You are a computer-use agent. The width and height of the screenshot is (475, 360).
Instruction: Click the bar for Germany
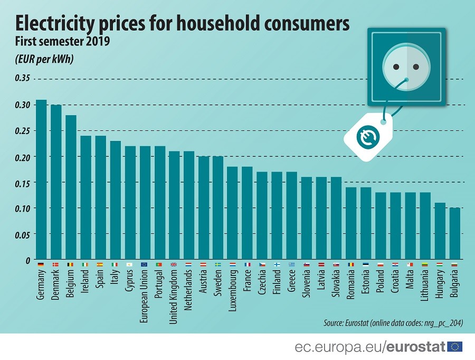click(41, 179)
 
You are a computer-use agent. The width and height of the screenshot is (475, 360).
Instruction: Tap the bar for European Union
click(145, 203)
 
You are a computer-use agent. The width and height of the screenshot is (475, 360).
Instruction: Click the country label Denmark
click(56, 286)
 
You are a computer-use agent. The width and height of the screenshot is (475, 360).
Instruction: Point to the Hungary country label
click(440, 285)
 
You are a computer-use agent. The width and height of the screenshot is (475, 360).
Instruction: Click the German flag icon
click(41, 264)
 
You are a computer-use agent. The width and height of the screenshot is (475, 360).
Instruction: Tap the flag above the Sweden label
click(218, 264)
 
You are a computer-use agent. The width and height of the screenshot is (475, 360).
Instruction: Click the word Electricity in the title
click(58, 23)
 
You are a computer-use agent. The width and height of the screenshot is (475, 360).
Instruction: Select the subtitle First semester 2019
click(62, 42)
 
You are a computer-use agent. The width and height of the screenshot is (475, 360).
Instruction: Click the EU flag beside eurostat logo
click(454, 346)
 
